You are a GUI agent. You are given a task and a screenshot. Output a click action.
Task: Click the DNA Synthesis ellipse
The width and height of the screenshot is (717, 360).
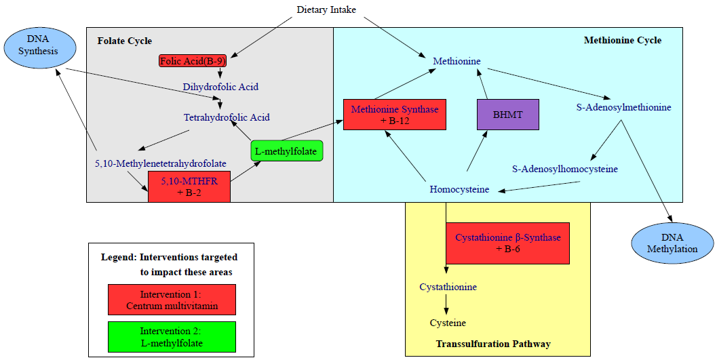coord(39,45)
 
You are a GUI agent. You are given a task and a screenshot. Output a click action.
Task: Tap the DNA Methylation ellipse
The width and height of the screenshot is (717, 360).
coord(672,243)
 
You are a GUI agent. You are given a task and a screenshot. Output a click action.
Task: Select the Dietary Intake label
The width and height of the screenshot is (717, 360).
coord(326,9)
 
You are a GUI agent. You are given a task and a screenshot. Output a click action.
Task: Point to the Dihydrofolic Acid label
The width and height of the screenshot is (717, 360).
coord(220,87)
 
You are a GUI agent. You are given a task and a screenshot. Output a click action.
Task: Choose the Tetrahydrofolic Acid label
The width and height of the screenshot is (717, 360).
coord(227,117)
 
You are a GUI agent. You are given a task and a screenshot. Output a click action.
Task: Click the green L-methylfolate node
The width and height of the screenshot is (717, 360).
coord(287,151)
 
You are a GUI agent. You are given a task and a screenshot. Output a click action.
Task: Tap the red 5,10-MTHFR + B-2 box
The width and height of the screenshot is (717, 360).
coord(189,186)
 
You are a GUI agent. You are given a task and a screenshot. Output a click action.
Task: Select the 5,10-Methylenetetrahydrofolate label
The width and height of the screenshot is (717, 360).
coord(161,163)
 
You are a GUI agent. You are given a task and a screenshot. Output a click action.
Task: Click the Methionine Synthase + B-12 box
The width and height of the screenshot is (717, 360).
coord(395,115)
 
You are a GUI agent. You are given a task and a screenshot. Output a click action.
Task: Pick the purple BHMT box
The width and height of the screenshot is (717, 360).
coord(508,115)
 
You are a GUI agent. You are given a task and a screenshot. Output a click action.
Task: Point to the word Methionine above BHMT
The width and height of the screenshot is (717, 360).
coord(457,62)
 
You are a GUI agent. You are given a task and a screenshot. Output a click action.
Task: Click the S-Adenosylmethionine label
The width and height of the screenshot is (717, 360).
coord(623,107)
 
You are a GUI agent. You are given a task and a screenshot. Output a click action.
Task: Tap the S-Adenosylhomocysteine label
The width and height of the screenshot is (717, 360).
coord(565,169)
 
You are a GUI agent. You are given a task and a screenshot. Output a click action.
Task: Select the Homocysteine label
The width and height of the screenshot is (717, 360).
coord(459,189)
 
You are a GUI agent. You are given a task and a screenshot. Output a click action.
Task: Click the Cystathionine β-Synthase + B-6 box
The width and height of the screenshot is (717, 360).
coord(507,243)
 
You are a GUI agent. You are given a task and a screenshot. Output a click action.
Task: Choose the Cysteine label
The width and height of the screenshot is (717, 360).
coord(448,323)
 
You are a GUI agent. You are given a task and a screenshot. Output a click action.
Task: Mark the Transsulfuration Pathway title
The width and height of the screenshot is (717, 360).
coord(493,344)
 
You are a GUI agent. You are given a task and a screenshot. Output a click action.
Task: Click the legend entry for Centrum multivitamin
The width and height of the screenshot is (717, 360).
coord(172,300)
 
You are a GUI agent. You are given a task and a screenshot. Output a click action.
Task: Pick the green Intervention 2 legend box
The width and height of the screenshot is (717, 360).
coord(172,337)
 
